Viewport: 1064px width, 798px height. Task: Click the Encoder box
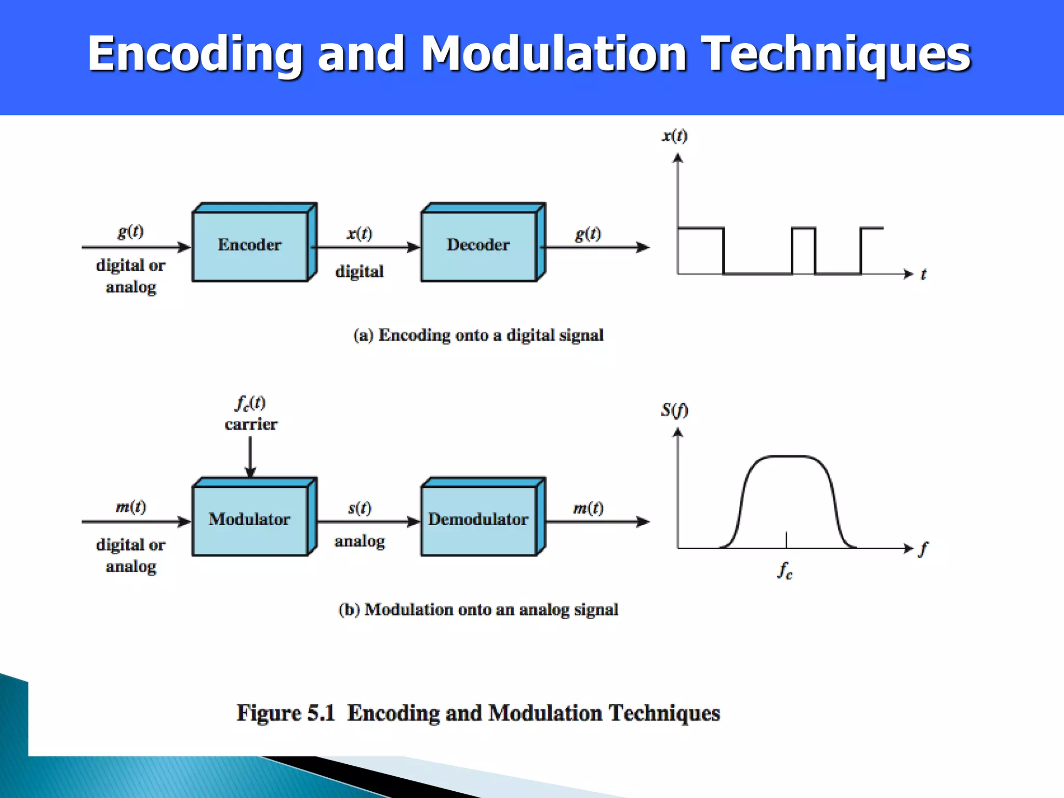pyautogui.click(x=250, y=245)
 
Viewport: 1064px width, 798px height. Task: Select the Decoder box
pyautogui.click(x=478, y=245)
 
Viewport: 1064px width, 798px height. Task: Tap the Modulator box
pyautogui.click(x=250, y=520)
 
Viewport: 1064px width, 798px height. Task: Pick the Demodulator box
pyautogui.click(x=478, y=520)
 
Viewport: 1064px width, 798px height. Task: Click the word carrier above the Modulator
pyautogui.click(x=251, y=424)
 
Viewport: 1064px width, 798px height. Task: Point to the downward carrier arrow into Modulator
pyautogui.click(x=250, y=457)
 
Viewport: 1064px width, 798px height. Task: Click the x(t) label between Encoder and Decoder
pyautogui.click(x=360, y=233)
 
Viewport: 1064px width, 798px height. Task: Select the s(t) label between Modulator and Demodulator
pyautogui.click(x=360, y=508)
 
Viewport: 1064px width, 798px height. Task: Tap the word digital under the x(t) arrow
pyautogui.click(x=360, y=272)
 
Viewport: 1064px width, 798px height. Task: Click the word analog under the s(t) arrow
pyautogui.click(x=360, y=541)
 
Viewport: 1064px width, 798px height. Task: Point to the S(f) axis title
pyautogui.click(x=674, y=410)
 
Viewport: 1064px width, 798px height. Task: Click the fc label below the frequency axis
pyautogui.click(x=785, y=571)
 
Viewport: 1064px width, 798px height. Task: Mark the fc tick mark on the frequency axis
pyautogui.click(x=787, y=540)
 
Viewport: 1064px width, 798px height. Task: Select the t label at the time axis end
pyautogui.click(x=923, y=274)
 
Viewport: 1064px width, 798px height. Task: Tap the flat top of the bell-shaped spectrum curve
pyautogui.click(x=787, y=457)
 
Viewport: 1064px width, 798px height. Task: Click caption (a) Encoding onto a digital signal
pyautogui.click(x=478, y=335)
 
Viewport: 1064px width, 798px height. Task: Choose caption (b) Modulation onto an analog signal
pyautogui.click(x=478, y=609)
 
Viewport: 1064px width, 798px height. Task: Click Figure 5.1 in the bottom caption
pyautogui.click(x=286, y=713)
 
